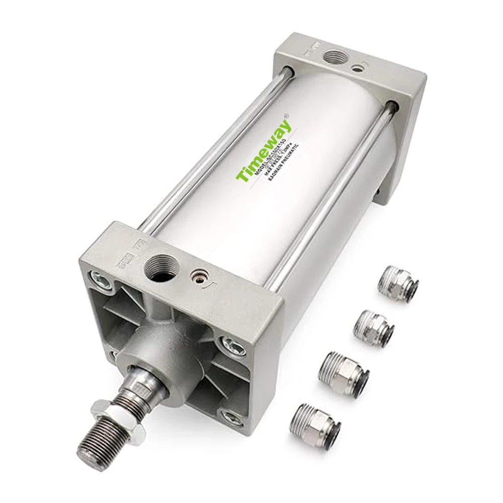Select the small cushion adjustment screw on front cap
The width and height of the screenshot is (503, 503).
[198, 276]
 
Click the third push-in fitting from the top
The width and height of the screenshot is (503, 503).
[345, 374]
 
